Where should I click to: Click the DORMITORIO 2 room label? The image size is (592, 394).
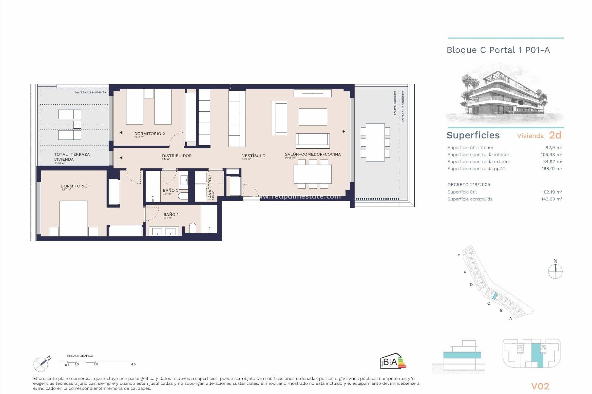(150, 134)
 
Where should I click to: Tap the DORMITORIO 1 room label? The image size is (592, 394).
(76, 186)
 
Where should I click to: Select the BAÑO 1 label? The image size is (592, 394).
(171, 215)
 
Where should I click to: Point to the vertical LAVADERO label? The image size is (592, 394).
(210, 189)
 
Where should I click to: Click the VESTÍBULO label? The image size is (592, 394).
(253, 156)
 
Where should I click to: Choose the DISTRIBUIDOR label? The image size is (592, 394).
(177, 156)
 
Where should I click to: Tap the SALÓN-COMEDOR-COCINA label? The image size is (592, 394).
(312, 154)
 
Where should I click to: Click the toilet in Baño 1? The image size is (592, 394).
(192, 228)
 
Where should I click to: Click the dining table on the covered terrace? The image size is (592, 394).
(375, 142)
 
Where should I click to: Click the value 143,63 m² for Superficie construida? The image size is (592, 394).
(551, 199)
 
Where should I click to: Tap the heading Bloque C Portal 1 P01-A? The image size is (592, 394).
(498, 50)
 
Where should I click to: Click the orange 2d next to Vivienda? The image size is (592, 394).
(555, 135)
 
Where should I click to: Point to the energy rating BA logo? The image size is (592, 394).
(393, 361)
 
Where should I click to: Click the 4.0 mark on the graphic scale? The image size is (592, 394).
(133, 364)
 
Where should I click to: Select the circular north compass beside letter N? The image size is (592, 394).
(555, 272)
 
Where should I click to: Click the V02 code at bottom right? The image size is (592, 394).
(540, 386)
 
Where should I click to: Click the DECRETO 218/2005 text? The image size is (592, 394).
(468, 185)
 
